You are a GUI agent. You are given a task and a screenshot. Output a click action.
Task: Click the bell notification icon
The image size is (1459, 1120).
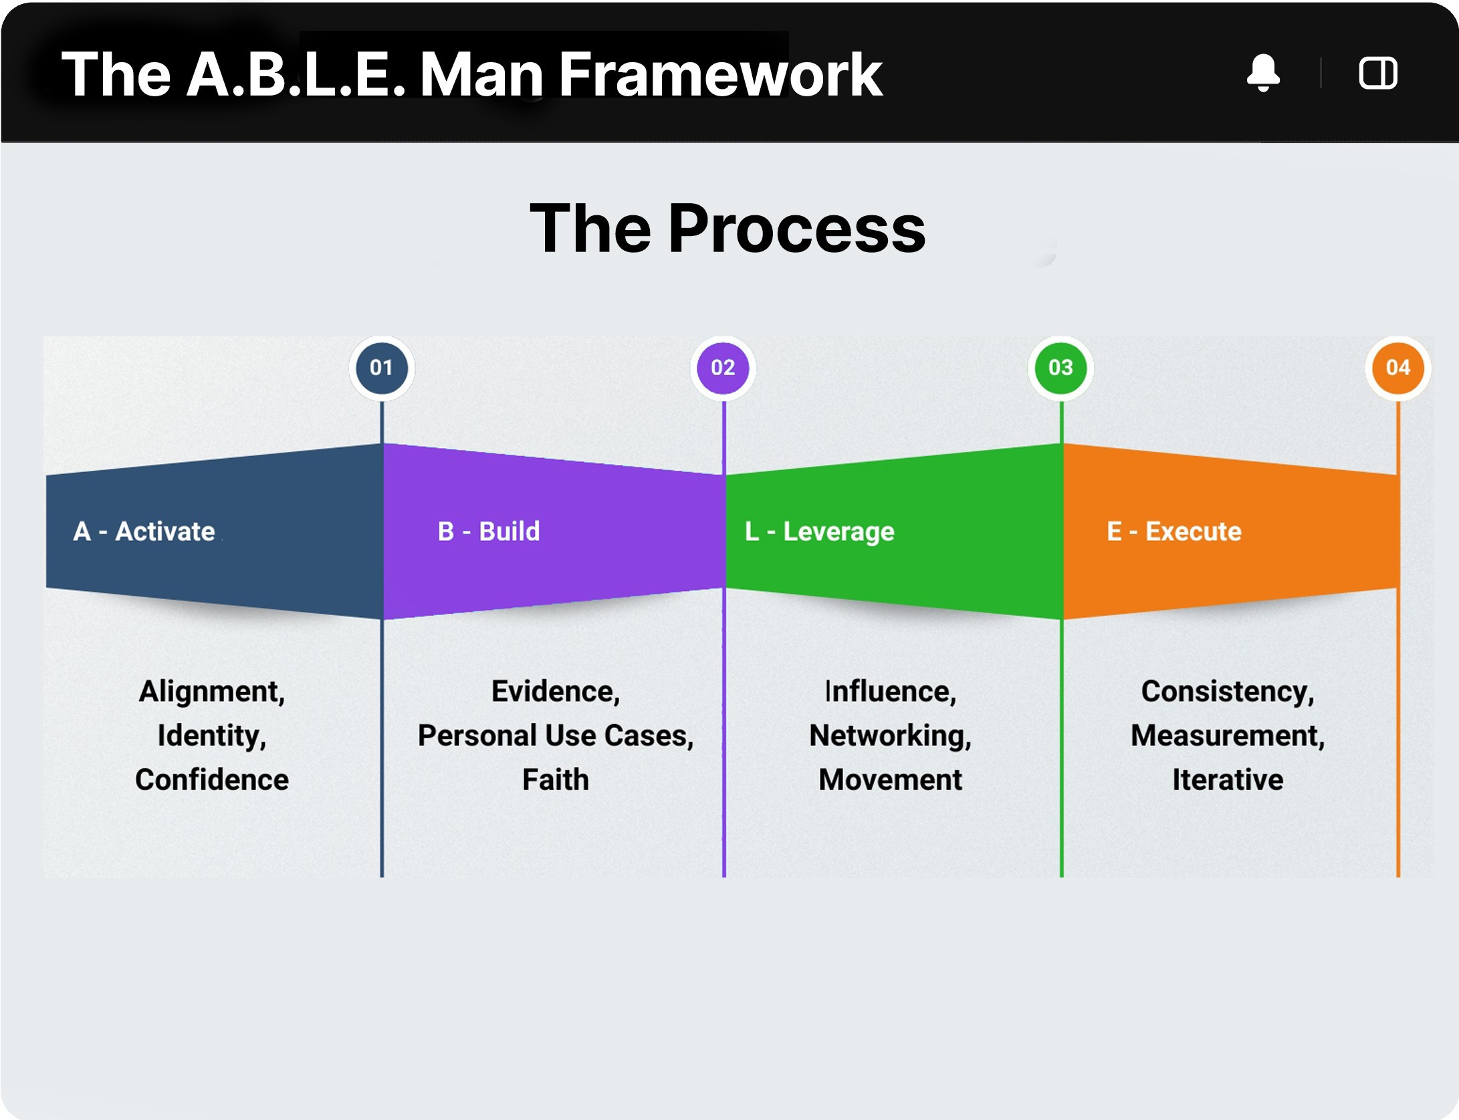(x=1263, y=72)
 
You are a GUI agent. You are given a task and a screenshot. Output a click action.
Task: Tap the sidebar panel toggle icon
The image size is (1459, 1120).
(x=1377, y=72)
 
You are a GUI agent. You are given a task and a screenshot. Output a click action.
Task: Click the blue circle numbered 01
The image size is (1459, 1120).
(x=381, y=368)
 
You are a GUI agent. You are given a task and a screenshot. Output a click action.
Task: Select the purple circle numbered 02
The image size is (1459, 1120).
(x=723, y=368)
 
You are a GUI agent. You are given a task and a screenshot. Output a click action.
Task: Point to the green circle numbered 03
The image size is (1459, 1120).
(x=1060, y=368)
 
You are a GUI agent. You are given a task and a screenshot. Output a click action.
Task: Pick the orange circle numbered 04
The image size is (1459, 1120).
(x=1397, y=368)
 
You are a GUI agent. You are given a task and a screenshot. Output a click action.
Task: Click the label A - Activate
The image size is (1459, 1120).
(x=144, y=532)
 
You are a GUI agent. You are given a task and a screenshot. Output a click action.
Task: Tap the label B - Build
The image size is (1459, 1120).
(x=489, y=532)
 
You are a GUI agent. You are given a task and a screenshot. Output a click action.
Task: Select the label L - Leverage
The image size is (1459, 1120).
(x=820, y=532)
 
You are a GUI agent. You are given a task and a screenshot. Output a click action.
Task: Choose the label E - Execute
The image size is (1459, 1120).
(x=1174, y=532)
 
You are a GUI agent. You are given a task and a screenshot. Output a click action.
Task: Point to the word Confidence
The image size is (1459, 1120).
(x=212, y=780)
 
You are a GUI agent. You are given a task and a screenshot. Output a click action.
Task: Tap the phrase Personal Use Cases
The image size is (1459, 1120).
(x=555, y=736)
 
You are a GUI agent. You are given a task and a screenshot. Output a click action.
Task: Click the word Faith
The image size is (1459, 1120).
(x=556, y=780)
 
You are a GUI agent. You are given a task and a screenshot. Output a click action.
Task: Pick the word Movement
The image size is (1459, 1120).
(x=890, y=780)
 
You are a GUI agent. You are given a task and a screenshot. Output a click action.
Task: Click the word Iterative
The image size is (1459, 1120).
(x=1228, y=780)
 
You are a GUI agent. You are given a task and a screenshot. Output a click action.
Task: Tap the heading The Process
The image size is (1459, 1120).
(x=727, y=229)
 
